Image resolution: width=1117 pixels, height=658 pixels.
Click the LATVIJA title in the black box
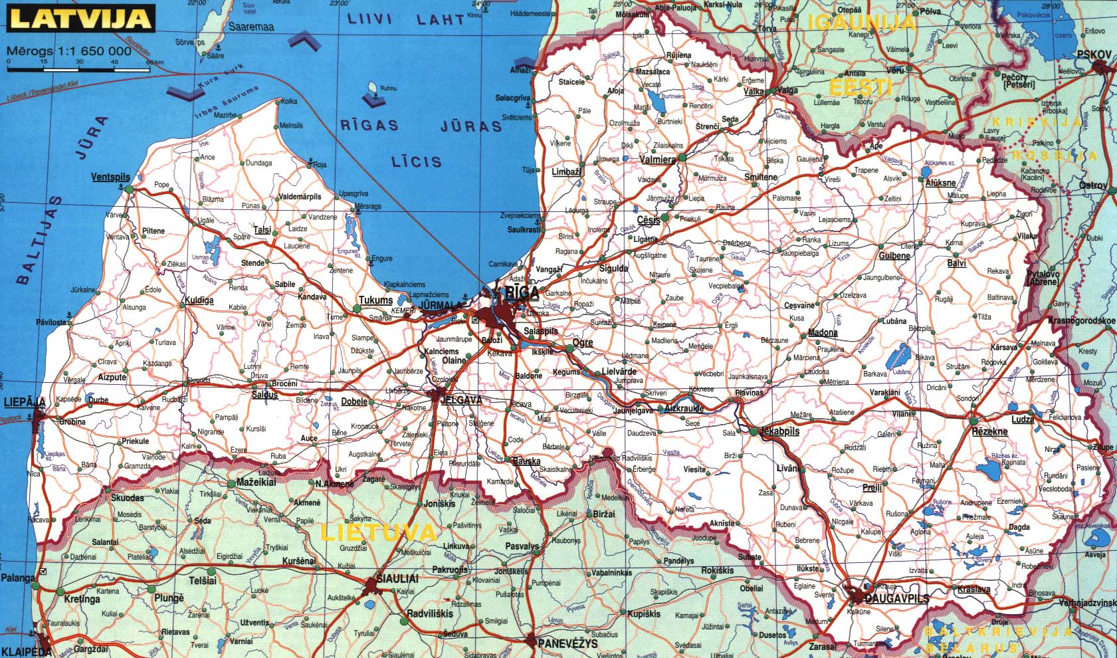coord(80,18)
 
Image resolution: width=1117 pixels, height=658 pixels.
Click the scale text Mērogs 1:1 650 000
coord(70,51)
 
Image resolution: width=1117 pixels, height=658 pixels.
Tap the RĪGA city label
coord(522,293)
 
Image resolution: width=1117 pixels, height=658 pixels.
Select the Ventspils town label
coord(111,177)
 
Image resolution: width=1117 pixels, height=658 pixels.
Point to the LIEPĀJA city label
coord(25,402)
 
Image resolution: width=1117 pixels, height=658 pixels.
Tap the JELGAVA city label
coord(460,401)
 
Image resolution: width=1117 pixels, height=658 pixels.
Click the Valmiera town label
coord(657,160)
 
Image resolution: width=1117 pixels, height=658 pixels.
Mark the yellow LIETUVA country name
coord(379,532)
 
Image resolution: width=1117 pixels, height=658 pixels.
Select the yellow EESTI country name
coord(860,87)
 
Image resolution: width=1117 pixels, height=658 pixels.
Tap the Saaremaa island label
coord(251,27)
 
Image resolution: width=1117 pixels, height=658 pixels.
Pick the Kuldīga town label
coord(199,300)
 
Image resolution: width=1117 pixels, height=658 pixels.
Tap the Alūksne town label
coord(940,183)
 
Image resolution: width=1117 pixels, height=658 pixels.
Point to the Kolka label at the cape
coord(289,102)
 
